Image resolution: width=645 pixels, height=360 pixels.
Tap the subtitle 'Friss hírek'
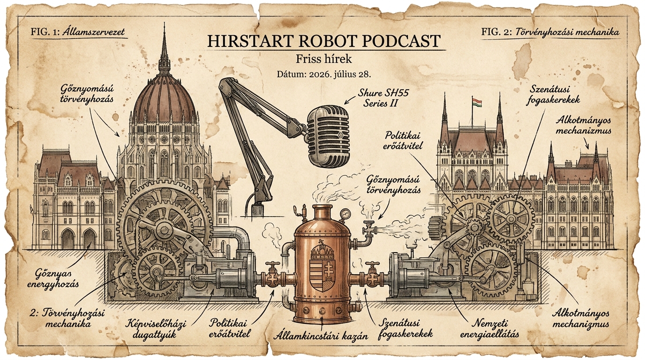click(x=323, y=59)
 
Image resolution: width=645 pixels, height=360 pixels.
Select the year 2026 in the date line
click(x=320, y=75)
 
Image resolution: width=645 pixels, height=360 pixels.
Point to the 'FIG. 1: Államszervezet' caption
click(x=78, y=31)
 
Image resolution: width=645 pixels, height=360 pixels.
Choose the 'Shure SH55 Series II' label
click(x=383, y=98)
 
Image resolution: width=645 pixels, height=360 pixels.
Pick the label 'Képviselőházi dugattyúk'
click(x=156, y=329)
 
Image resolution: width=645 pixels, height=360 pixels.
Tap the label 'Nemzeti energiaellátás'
click(x=489, y=329)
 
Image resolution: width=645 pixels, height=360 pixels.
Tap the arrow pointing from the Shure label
click(x=350, y=100)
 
